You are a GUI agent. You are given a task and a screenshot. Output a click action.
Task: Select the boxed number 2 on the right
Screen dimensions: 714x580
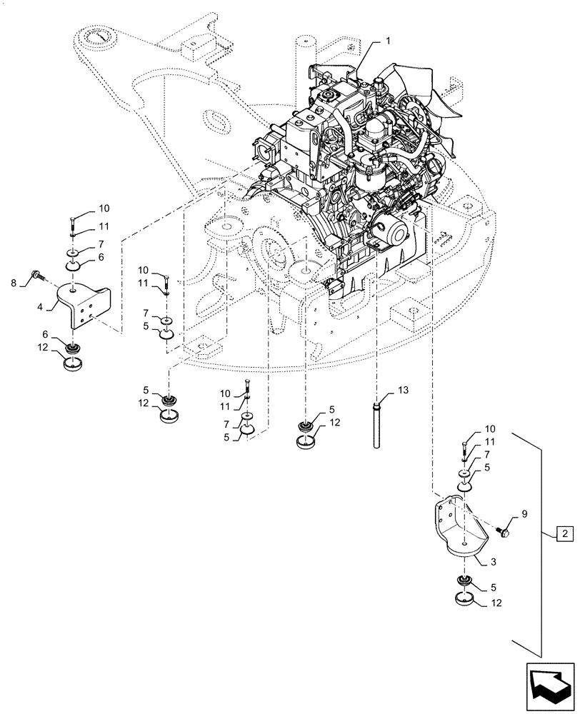pyautogui.click(x=564, y=533)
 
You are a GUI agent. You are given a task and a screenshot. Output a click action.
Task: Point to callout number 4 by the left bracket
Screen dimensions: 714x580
pyautogui.click(x=41, y=307)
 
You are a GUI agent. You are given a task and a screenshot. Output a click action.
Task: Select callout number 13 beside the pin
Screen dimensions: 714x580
pyautogui.click(x=404, y=391)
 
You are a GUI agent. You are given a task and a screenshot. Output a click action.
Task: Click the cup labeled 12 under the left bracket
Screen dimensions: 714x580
pyautogui.click(x=74, y=363)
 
